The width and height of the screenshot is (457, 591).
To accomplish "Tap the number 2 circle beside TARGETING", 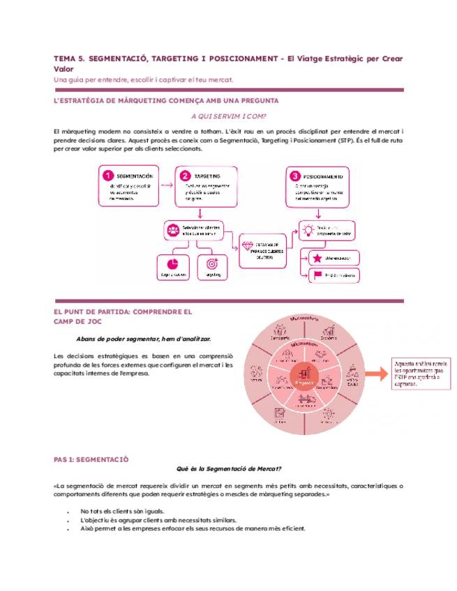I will click(x=185, y=176).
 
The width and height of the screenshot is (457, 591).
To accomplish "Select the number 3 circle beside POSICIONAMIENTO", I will click(x=295, y=176).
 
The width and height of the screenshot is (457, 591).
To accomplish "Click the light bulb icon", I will click(x=308, y=228).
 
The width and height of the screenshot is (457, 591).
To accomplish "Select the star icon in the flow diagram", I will click(x=317, y=258).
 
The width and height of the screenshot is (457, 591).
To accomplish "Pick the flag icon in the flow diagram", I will click(x=317, y=276).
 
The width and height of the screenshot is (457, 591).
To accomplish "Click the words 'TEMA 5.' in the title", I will click(x=70, y=59).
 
